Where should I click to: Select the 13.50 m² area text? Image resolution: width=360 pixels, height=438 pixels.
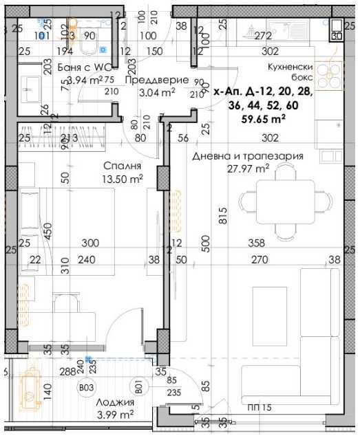click(x=123, y=179)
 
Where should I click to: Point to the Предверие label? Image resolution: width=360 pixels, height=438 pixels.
click(x=151, y=80)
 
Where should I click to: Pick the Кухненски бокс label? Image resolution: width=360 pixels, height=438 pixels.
click(x=290, y=72)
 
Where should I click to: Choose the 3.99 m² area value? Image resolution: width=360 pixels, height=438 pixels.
click(x=114, y=415)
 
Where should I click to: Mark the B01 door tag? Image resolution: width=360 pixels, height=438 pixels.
click(x=138, y=388)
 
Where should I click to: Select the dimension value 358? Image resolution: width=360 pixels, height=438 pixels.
click(x=256, y=243)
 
